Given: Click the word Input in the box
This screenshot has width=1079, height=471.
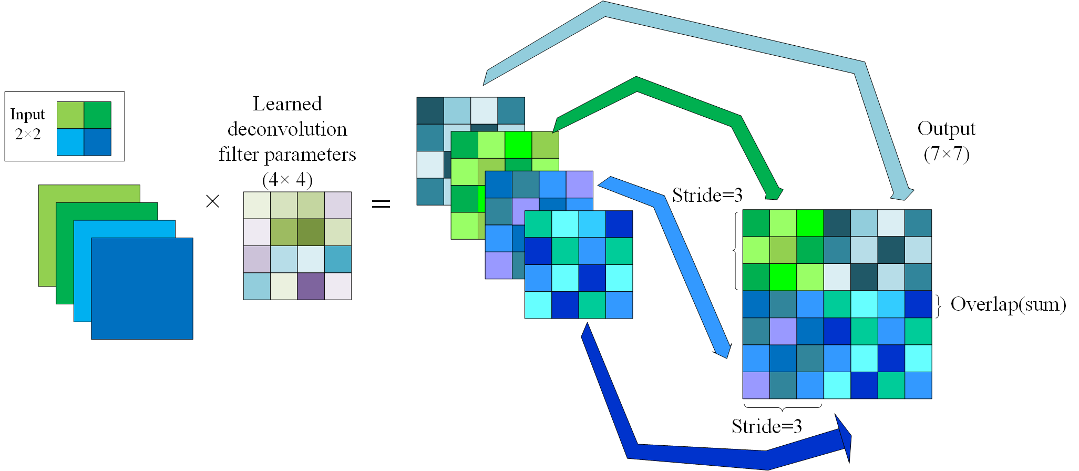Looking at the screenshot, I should [x=27, y=114].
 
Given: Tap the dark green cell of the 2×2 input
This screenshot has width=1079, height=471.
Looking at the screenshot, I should [x=98, y=115].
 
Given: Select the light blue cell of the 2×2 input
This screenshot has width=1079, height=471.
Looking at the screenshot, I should [x=70, y=142].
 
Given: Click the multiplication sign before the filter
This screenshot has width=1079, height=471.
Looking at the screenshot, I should [x=212, y=201].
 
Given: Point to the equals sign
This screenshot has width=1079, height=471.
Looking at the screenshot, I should [x=381, y=203].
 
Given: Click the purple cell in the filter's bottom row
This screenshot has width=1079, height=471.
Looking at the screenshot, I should [x=311, y=286].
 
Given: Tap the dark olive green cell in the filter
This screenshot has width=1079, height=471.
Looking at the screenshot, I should [x=311, y=232].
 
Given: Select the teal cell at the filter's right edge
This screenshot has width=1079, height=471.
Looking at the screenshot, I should [x=338, y=259].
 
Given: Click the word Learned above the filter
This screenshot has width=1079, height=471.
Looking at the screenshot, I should [x=287, y=104].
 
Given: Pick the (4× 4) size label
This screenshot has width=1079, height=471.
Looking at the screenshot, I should [x=287, y=180].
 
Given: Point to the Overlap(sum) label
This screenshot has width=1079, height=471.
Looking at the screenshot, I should [x=1008, y=304].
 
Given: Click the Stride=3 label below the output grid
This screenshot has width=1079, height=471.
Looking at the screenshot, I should [x=766, y=426].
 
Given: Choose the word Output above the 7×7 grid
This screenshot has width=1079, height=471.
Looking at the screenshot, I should [x=946, y=129].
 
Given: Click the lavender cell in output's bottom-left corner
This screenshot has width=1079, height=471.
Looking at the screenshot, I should [x=756, y=385].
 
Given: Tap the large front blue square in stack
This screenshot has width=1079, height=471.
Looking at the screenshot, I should [x=142, y=289].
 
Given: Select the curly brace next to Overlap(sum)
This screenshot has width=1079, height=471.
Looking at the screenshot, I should [x=938, y=305].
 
